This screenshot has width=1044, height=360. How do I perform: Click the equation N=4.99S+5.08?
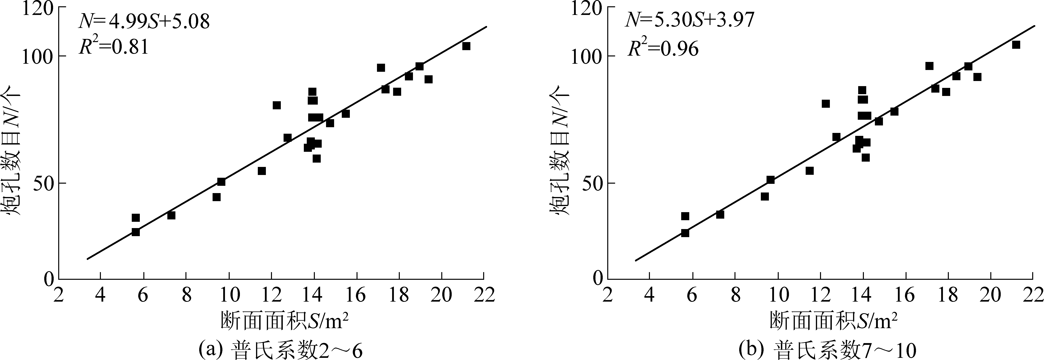click(144, 21)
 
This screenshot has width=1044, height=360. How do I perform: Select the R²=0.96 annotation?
click(663, 48)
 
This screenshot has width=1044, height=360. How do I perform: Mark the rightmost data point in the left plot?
click(466, 46)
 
